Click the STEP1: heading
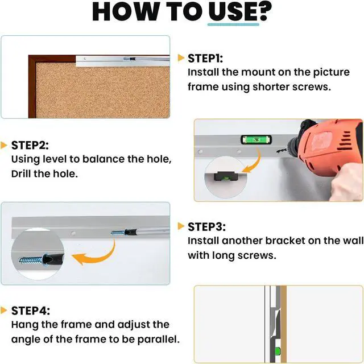click(x=205, y=58)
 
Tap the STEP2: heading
click(x=30, y=146)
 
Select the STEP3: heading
click(x=206, y=227)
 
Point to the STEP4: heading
click(x=30, y=311)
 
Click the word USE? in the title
click(x=240, y=12)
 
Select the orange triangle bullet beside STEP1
click(x=181, y=58)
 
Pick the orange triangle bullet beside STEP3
click(x=181, y=226)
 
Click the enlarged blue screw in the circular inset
click(x=31, y=260)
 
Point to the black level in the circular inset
click(x=224, y=176)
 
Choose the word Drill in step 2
click(x=20, y=173)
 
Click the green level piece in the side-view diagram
click(x=278, y=351)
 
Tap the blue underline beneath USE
click(x=233, y=24)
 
